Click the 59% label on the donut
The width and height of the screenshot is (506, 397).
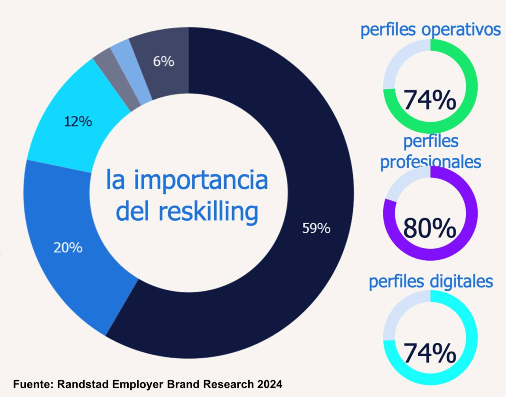(x=316, y=228)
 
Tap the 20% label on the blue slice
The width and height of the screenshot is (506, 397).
(x=68, y=248)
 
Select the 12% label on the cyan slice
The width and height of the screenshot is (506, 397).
(x=78, y=122)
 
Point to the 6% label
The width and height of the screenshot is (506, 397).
(x=164, y=61)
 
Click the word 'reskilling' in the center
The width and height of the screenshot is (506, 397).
(x=208, y=211)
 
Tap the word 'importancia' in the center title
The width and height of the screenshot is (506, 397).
(x=201, y=180)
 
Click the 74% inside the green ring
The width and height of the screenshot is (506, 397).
(x=429, y=100)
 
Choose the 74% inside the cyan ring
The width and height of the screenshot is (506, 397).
(x=429, y=353)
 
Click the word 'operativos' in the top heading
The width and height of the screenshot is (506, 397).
(x=461, y=30)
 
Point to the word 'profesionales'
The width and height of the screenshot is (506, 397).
(x=430, y=161)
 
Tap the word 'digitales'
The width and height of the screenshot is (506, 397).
(x=462, y=281)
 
